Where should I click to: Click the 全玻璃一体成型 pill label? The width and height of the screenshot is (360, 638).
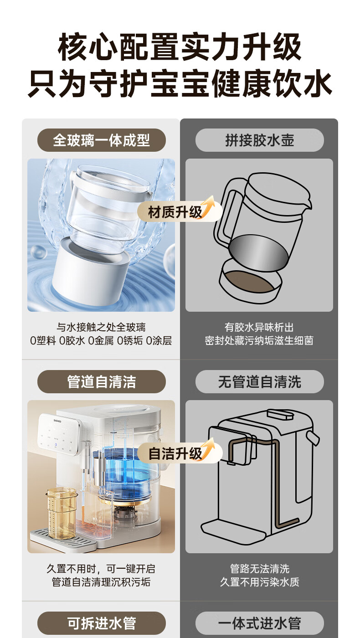pyautogui.click(x=101, y=140)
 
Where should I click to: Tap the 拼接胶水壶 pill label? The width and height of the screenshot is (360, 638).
pyautogui.click(x=259, y=140)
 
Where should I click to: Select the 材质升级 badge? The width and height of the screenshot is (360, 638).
pyautogui.click(x=180, y=211)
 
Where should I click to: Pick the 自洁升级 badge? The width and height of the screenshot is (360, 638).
pyautogui.click(x=180, y=453)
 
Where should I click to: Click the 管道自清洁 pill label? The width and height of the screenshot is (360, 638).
pyautogui.click(x=101, y=382)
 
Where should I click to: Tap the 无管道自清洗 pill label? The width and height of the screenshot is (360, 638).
pyautogui.click(x=259, y=382)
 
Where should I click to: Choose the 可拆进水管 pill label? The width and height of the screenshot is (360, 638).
pyautogui.click(x=101, y=623)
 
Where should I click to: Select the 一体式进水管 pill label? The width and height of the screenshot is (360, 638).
pyautogui.click(x=259, y=623)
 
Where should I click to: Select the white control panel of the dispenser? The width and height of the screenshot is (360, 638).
pyautogui.click(x=58, y=434)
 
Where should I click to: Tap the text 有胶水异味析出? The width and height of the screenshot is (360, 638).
pyautogui.click(x=259, y=327)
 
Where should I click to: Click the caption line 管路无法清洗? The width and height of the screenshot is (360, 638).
pyautogui.click(x=259, y=569)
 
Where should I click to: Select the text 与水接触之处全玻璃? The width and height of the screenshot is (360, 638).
pyautogui.click(x=101, y=327)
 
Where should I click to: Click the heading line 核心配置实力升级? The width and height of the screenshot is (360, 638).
pyautogui.click(x=180, y=46)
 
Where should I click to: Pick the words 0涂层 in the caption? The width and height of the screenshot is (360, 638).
pyautogui.click(x=159, y=341)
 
